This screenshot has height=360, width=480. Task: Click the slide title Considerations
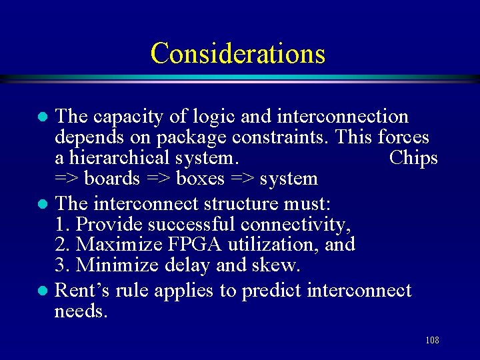tap(238, 53)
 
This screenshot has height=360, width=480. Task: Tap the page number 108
tap(432, 341)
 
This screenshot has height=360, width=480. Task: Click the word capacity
tap(125, 117)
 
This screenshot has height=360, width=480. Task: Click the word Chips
tap(413, 159)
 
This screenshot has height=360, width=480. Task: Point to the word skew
tap(277, 265)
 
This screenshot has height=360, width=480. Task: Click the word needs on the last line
tap(80, 311)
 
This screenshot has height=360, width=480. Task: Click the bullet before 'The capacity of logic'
tap(41, 117)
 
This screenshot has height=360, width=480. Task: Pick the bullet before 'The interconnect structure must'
tap(41, 203)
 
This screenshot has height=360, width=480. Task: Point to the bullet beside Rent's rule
tap(41, 291)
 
